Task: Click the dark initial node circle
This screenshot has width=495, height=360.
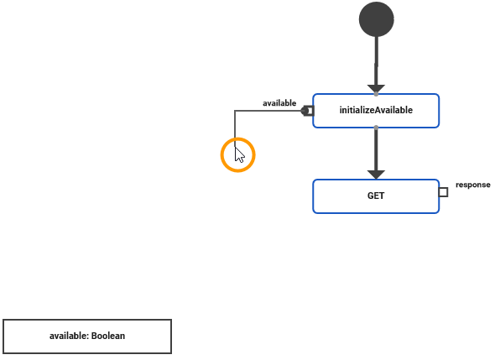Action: [376, 19]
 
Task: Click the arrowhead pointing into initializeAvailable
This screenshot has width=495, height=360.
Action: [376, 88]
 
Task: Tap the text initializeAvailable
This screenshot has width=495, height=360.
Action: [376, 110]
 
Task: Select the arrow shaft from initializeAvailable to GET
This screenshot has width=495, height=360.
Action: [376, 148]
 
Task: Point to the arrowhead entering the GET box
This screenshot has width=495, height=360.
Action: [376, 174]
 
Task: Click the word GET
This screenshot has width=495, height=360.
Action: [376, 196]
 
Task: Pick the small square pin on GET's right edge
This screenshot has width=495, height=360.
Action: [443, 192]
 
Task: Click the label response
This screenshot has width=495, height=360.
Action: [472, 185]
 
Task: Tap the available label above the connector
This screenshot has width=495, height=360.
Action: [279, 103]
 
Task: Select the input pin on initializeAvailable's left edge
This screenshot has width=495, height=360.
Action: [310, 111]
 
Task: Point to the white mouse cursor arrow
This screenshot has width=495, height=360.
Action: [240, 155]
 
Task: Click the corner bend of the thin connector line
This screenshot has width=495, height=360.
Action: [235, 111]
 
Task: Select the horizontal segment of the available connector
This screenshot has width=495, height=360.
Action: [268, 111]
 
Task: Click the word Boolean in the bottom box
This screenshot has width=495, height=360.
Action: [108, 336]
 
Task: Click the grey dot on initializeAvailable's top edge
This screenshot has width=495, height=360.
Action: [376, 94]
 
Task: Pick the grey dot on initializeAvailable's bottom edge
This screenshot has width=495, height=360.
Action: [376, 128]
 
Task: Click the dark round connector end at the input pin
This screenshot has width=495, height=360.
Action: [305, 111]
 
